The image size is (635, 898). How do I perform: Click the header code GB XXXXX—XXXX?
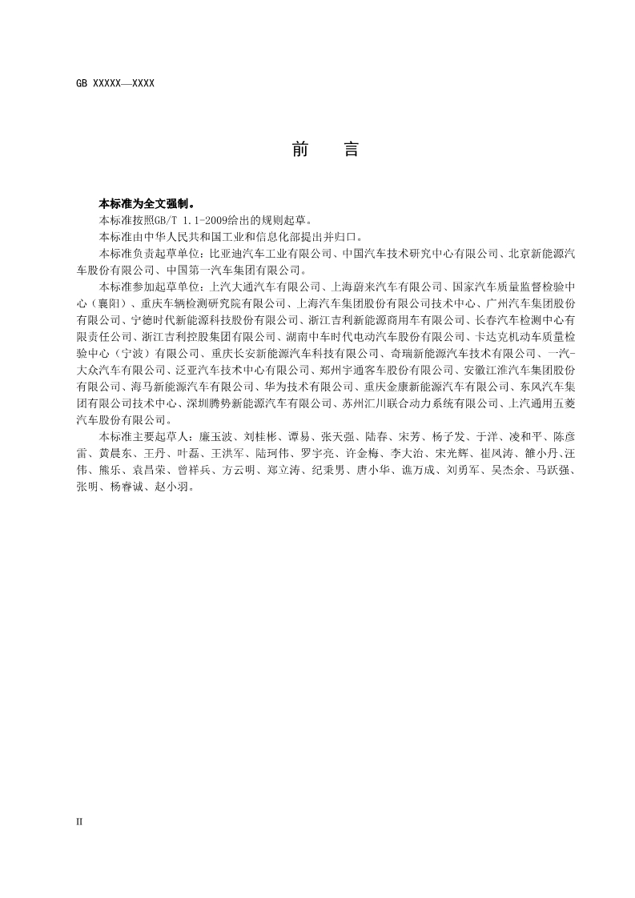click(115, 83)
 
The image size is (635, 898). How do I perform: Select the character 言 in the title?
click(351, 149)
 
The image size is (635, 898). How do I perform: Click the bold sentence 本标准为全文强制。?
click(146, 203)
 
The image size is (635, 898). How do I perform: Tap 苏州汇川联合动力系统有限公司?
click(420, 404)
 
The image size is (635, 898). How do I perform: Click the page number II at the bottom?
click(79, 821)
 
